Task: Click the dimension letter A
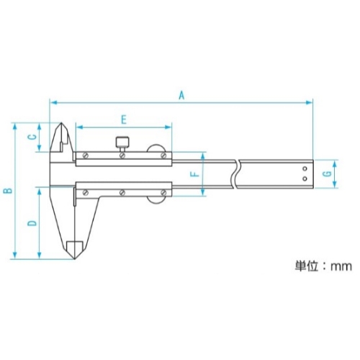pos(181,95)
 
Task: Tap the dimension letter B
pos(8,191)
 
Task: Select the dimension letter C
pos(32,137)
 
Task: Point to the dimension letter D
pos(32,222)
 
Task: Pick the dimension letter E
pos(124,120)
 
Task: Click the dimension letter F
pos(195,174)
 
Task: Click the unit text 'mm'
pos(341,266)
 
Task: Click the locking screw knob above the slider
pos(123,143)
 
